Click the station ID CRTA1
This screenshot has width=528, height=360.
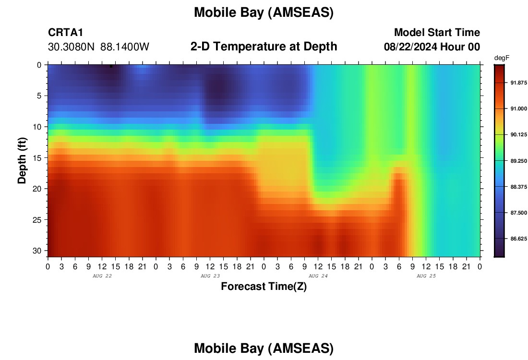65,32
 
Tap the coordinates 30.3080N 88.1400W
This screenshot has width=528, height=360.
98,47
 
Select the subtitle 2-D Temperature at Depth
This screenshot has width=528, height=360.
264,47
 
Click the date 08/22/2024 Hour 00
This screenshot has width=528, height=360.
432,47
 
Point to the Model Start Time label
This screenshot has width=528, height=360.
437,32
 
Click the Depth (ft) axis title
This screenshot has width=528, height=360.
22,160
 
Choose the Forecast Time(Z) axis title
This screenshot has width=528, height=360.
264,286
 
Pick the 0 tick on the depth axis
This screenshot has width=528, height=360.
39,65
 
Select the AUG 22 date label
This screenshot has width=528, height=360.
102,276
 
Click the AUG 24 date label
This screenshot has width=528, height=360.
318,276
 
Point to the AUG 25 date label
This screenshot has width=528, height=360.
426,276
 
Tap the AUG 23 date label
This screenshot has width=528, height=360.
210,276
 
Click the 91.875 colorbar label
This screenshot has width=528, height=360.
518,83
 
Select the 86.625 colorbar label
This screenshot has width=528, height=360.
518,239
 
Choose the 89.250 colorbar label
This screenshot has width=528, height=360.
518,161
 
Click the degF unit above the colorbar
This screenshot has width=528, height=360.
502,58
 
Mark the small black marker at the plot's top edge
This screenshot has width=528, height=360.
111,66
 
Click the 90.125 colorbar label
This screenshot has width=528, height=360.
518,135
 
